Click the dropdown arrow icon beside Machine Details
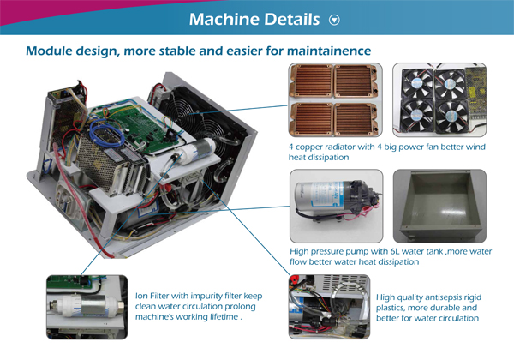click(x=334, y=20)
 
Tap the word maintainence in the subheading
click(x=329, y=51)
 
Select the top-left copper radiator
click(x=311, y=81)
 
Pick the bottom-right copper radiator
click(x=356, y=119)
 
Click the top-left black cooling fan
click(x=417, y=83)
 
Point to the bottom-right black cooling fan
click(x=451, y=116)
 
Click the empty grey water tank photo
click(x=439, y=206)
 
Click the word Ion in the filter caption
click(x=141, y=296)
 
